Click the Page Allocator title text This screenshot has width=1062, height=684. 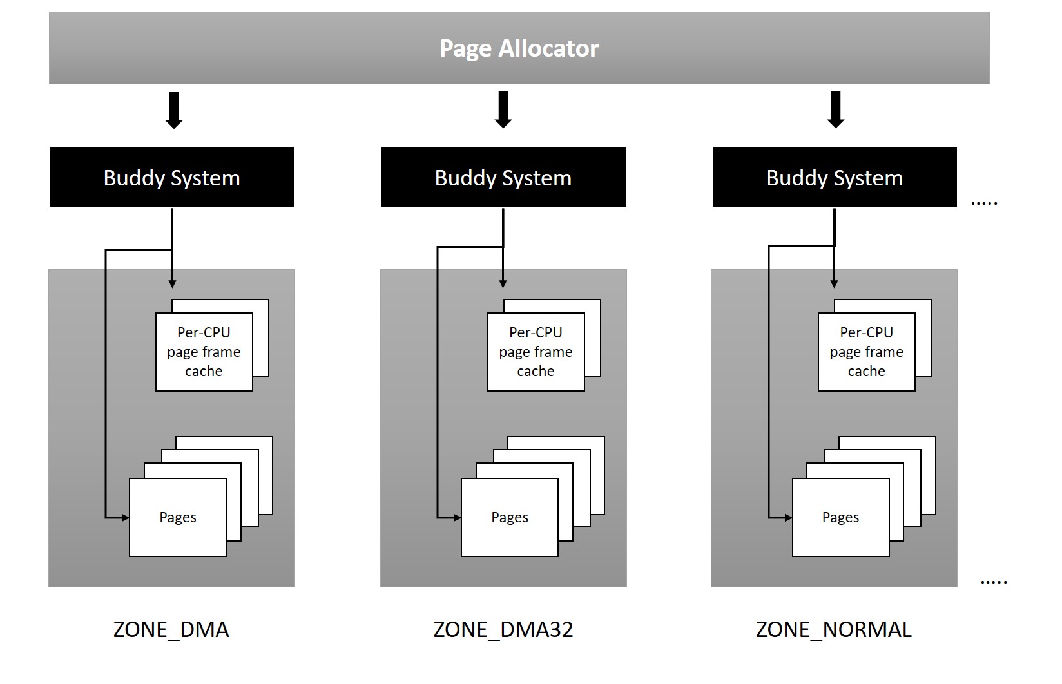point(519,48)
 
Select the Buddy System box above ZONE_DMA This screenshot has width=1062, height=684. point(171,178)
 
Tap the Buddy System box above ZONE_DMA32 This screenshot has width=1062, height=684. point(503,178)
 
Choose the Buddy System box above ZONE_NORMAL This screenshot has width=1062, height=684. point(835,178)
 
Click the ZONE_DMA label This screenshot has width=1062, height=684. point(171,629)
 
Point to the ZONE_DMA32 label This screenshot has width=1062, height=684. point(503,629)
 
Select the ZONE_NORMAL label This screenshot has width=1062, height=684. point(834,629)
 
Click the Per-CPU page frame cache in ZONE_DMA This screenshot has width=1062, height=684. point(204,352)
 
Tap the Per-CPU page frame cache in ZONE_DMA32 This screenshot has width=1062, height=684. point(536,352)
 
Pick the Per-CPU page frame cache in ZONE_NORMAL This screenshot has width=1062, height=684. point(866,352)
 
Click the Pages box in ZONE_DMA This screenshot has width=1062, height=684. point(178,517)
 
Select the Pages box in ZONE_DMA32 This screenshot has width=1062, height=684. point(510,517)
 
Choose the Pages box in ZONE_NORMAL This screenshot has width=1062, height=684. point(840,517)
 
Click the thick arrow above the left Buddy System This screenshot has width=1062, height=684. point(174,110)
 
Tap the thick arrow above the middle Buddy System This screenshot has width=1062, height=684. point(503,110)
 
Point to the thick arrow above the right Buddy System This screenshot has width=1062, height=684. point(836,110)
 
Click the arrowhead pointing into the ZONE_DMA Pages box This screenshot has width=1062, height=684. point(125,517)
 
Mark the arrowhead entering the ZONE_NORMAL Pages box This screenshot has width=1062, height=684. point(788,517)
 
